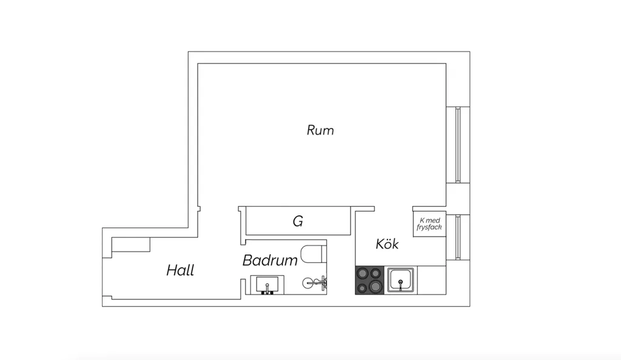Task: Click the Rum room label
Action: [x=320, y=130]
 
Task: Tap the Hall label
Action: [x=180, y=270]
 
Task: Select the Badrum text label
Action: [x=270, y=261]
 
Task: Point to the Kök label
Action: [x=387, y=244]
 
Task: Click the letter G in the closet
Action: [x=298, y=221]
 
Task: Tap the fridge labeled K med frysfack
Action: [x=429, y=224]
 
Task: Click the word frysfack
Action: [x=429, y=227]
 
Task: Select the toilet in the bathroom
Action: [x=314, y=254]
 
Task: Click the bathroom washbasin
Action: [x=267, y=285]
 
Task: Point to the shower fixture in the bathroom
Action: [x=315, y=282]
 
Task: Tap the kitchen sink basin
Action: [x=401, y=280]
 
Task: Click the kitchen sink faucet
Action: [x=400, y=284]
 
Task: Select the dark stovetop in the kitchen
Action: [x=369, y=280]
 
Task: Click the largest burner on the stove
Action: [x=375, y=285]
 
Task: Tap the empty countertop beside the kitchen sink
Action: [x=432, y=280]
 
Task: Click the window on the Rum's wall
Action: [x=458, y=145]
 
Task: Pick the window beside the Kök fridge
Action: [x=458, y=238]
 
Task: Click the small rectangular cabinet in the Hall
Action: [x=131, y=244]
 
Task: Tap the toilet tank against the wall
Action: [x=324, y=254]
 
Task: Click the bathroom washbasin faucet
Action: [x=267, y=289]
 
